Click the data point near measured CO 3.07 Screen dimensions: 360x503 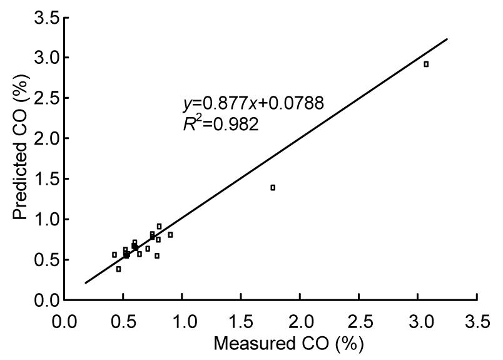(426, 64)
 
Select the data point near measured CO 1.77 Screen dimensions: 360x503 (273, 187)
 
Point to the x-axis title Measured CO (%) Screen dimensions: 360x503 (288, 344)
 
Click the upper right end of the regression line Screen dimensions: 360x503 (448, 38)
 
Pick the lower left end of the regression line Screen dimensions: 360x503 (86, 283)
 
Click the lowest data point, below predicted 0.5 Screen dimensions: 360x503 (118, 269)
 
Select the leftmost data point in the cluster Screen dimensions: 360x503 (114, 255)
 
